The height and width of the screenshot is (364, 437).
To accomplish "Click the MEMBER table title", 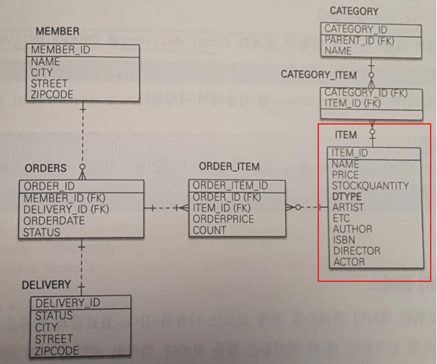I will pyautogui.click(x=57, y=31).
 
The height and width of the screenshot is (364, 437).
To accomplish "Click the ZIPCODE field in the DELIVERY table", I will pyautogui.click(x=57, y=350).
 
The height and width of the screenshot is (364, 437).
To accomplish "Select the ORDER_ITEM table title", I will pyautogui.click(x=229, y=167).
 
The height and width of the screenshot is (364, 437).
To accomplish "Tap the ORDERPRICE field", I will pyautogui.click(x=223, y=219).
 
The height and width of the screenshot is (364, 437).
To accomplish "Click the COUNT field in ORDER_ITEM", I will pyautogui.click(x=209, y=230).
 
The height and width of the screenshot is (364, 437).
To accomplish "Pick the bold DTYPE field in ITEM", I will pyautogui.click(x=346, y=197).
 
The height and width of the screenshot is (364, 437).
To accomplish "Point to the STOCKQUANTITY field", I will pyautogui.click(x=370, y=186).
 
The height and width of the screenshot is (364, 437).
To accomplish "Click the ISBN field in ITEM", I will pyautogui.click(x=344, y=240).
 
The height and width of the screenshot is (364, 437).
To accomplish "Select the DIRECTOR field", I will pyautogui.click(x=356, y=250).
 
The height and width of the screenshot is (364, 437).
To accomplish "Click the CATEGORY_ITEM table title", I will pyautogui.click(x=318, y=75).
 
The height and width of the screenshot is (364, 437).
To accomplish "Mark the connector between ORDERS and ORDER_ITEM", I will pyautogui.click(x=167, y=207).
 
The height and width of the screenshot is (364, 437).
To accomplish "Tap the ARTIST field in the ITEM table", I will pyautogui.click(x=348, y=207).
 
